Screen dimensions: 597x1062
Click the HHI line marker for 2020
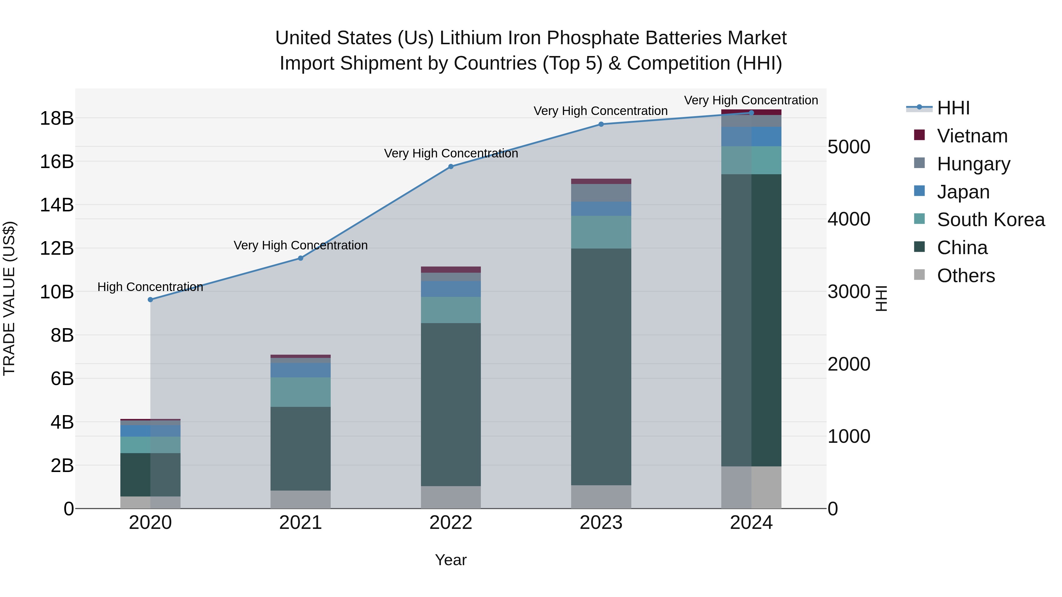150,300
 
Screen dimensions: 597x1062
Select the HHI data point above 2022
450,167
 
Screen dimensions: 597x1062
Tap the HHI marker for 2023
601,124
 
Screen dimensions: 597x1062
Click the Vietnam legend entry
972,136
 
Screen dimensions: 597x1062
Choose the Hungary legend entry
973,164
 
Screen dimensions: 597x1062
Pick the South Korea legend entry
991,220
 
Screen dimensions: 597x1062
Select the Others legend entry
966,276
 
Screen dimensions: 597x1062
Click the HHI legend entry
953,108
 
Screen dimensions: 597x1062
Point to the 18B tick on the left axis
56,119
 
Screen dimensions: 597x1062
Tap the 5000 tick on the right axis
848,147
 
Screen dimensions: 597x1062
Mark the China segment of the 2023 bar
601,367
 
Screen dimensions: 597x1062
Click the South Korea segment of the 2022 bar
450,310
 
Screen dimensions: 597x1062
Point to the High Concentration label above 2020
150,287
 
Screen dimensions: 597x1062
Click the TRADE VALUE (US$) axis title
9,298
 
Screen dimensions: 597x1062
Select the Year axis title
450,560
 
